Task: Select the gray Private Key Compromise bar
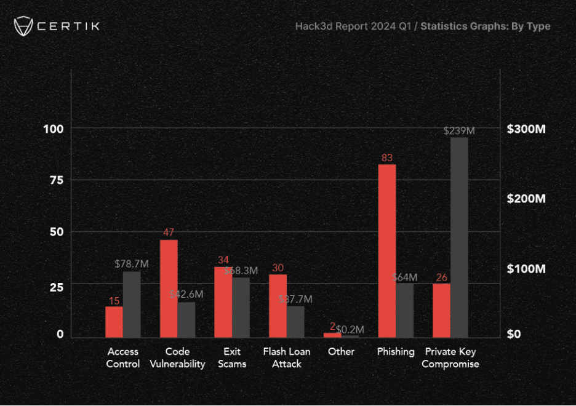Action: click(x=459, y=237)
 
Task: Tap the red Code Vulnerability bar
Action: click(x=169, y=289)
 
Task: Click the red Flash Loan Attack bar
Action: click(x=278, y=306)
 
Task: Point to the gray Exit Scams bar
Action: click(x=241, y=308)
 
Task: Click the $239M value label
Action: click(x=459, y=131)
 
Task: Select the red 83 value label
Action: click(x=387, y=158)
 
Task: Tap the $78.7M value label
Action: click(x=132, y=264)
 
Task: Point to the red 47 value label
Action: click(x=169, y=233)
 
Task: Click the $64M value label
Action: click(x=405, y=277)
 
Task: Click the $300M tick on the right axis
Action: click(x=526, y=129)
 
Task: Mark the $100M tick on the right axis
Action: click(x=526, y=269)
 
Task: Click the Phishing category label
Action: click(x=396, y=352)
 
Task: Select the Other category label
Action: click(x=341, y=352)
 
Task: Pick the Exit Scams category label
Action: click(x=232, y=357)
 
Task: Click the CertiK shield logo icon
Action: click(x=23, y=26)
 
